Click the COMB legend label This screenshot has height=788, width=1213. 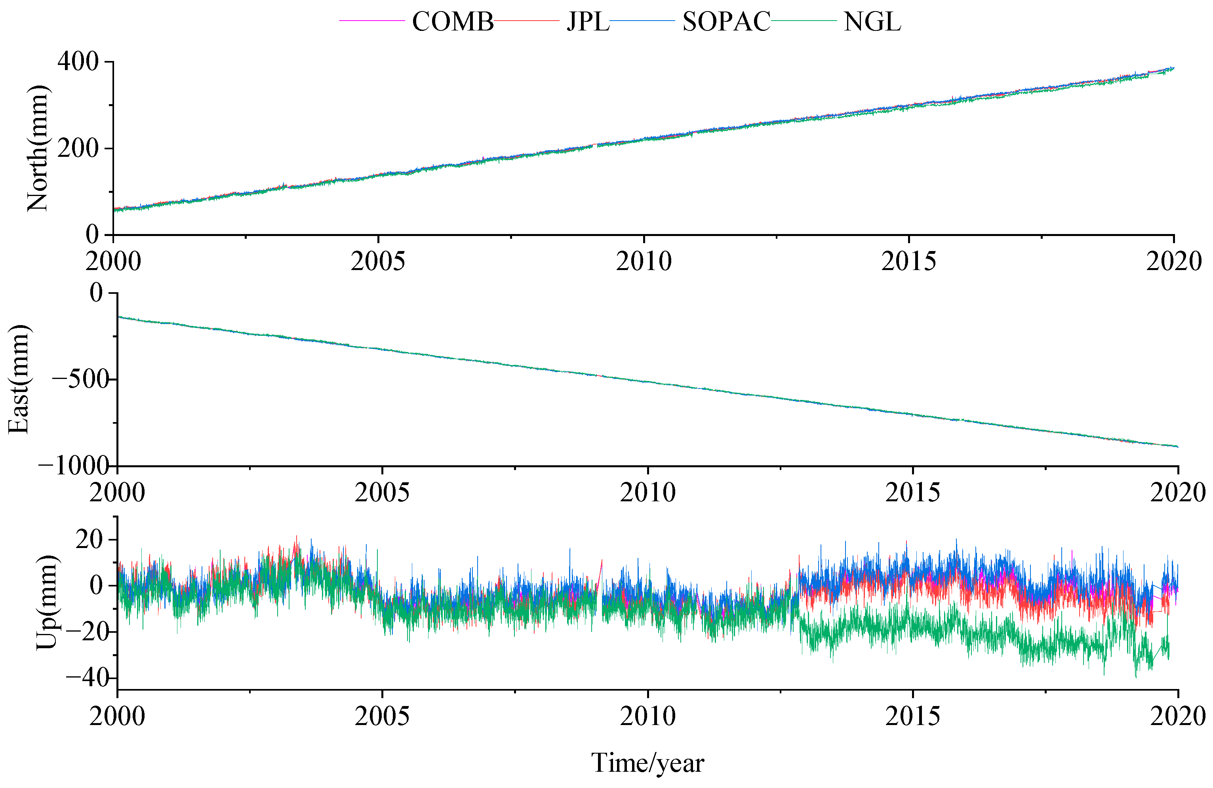click(453, 22)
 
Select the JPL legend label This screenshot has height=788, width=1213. click(588, 22)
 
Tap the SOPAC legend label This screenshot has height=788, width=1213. click(726, 22)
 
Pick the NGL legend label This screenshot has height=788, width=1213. click(872, 22)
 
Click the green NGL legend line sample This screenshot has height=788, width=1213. click(804, 20)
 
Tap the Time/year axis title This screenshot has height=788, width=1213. click(647, 763)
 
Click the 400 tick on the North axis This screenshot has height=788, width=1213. click(78, 62)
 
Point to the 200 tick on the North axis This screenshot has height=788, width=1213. click(78, 148)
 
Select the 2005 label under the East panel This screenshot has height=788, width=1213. click(382, 492)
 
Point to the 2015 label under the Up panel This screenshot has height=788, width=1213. click(912, 716)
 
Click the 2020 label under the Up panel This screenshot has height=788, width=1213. click(1177, 716)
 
